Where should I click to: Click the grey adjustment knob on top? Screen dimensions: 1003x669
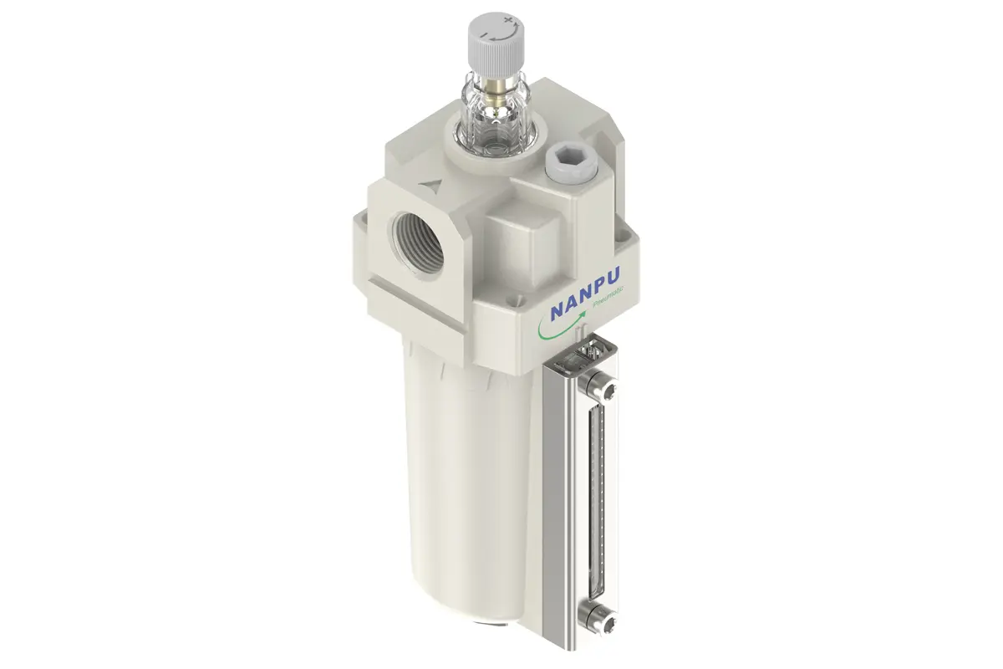(x=496, y=46)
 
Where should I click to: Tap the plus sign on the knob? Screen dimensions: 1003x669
(x=508, y=20)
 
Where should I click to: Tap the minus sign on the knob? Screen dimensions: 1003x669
(x=483, y=34)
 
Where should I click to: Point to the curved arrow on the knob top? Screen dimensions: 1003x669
(x=505, y=34)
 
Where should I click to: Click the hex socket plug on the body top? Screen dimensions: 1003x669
(x=570, y=161)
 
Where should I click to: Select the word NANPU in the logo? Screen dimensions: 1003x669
(x=585, y=294)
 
